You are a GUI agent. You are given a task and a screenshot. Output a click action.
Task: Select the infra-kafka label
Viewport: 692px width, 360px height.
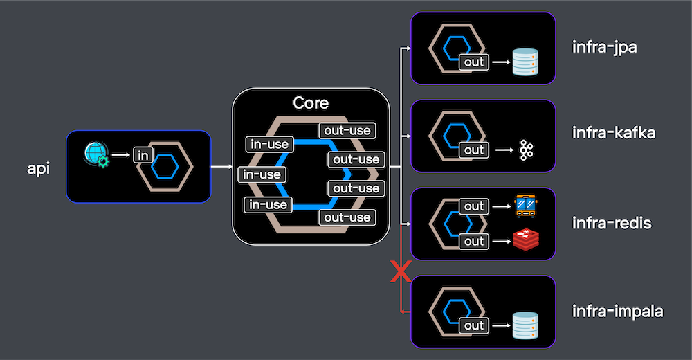point(613,133)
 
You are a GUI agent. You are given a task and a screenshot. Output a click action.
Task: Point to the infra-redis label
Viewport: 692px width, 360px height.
point(612,223)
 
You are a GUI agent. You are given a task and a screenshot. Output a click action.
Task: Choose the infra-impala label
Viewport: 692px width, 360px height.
point(618,311)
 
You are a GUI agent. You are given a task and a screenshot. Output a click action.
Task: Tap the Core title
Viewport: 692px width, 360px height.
point(311,103)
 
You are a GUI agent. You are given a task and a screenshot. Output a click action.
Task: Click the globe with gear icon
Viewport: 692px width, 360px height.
point(95,154)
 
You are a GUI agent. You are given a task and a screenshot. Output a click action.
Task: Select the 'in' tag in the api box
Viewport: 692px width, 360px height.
point(143,155)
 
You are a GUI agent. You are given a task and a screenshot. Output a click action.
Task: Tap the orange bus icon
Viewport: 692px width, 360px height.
point(527,206)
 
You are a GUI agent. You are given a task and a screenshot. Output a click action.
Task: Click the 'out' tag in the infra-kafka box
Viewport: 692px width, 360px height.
point(474,150)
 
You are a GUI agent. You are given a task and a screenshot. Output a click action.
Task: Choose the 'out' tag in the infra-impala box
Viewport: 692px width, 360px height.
point(474,325)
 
